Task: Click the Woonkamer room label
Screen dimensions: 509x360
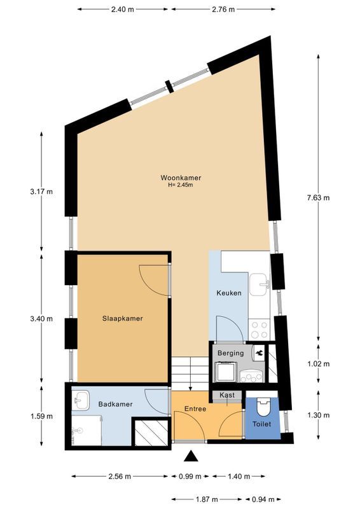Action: tap(176, 178)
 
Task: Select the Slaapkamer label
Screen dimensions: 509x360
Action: tap(122, 319)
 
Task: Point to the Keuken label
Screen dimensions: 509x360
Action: tap(228, 294)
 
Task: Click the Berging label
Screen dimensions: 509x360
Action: tap(230, 352)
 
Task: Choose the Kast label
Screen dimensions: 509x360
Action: tap(227, 395)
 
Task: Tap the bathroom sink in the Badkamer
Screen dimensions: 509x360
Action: tap(81, 401)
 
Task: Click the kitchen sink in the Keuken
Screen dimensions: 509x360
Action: tap(259, 285)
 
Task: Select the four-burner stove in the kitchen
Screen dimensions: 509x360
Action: tap(260, 329)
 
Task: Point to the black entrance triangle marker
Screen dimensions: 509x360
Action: tap(190, 456)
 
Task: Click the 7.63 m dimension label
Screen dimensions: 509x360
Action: tap(318, 197)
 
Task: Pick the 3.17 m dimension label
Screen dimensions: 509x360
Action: tap(41, 192)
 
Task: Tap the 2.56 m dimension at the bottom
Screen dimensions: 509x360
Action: tap(120, 476)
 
